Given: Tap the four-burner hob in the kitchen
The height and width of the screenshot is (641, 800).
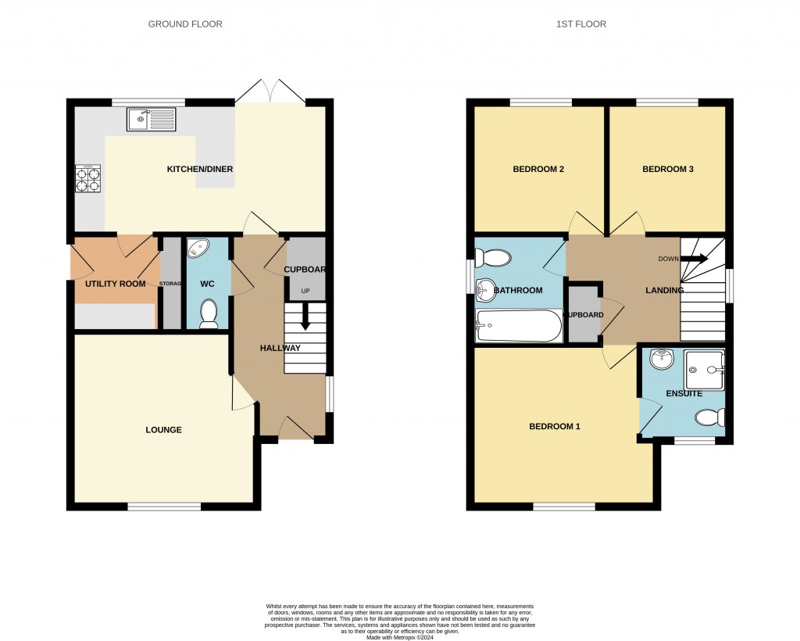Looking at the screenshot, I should pos(87,180).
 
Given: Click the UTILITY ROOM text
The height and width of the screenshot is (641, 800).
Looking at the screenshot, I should pos(116,284).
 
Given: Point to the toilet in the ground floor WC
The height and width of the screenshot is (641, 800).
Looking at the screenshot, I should pos(209,313).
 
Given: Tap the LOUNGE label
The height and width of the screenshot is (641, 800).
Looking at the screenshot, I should pos(163,430).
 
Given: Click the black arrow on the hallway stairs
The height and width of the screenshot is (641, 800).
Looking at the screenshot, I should pos(305,320).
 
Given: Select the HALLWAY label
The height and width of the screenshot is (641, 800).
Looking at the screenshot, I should pos(280,348).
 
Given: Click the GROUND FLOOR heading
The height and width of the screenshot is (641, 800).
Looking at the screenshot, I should pos(185,24).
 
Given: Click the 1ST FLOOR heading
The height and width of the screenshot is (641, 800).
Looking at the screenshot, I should pos(580,24).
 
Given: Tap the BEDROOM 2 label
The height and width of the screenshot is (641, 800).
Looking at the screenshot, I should pos(538,170).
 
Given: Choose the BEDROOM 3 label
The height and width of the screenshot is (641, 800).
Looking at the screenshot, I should pos(668,170).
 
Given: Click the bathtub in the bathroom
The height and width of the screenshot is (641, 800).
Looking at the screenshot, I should pos(519,326).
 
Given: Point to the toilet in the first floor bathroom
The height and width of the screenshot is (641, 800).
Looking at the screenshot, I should pos(493,256).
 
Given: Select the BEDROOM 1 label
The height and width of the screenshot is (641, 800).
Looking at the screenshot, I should pos(555,427).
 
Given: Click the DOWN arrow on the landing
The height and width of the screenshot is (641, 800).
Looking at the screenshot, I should pos(692,259).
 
